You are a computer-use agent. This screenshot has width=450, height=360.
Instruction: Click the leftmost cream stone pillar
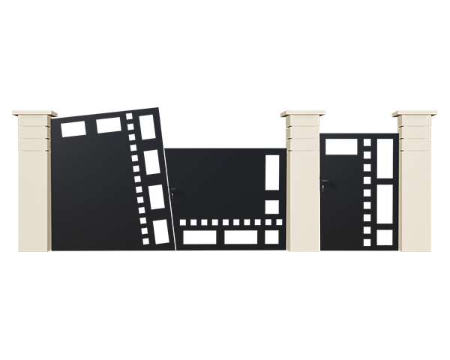(33, 187)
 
